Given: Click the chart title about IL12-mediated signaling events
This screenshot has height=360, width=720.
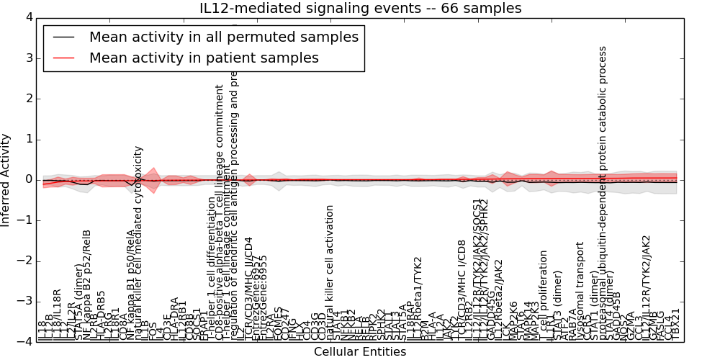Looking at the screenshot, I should click(x=360, y=8).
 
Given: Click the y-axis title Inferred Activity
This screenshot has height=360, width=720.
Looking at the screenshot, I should click(x=6, y=179).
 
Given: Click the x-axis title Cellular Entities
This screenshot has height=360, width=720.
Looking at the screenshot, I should click(x=360, y=352).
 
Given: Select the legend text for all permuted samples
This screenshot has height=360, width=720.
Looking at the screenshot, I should click(x=224, y=37).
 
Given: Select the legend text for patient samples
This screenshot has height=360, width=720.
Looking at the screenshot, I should click(x=204, y=58).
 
